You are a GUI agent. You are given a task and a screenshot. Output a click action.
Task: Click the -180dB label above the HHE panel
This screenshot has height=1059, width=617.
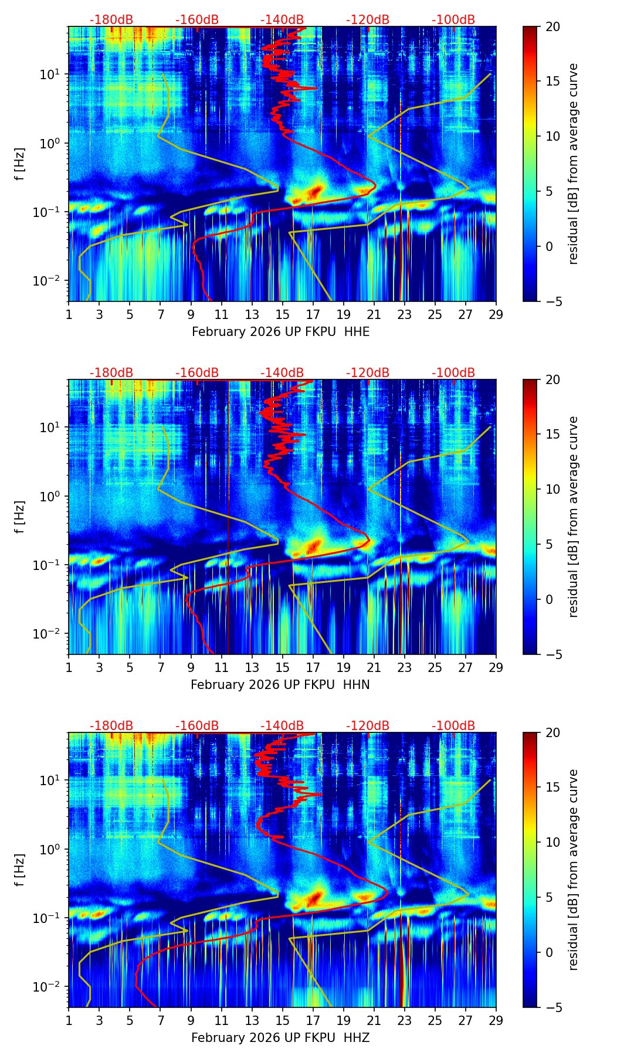(x=111, y=20)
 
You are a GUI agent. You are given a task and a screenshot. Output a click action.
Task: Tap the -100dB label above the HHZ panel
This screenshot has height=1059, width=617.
(x=453, y=726)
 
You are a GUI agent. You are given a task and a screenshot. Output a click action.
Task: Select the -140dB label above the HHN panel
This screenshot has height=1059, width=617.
(x=282, y=373)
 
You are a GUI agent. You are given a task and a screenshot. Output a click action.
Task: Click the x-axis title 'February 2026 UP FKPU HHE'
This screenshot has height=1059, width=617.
(x=280, y=332)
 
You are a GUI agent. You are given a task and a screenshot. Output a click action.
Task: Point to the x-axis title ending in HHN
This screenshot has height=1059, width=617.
(x=280, y=685)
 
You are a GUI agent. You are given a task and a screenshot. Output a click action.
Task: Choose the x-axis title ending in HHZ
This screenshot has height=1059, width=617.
(x=280, y=1038)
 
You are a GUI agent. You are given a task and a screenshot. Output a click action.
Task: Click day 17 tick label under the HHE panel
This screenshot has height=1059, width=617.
(x=313, y=315)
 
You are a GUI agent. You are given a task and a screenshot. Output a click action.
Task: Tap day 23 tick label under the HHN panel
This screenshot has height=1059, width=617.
(x=405, y=668)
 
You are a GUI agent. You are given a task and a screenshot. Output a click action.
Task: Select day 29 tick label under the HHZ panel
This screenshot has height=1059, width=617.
(x=496, y=1021)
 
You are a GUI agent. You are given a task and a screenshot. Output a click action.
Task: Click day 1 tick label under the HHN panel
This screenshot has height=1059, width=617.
(x=69, y=668)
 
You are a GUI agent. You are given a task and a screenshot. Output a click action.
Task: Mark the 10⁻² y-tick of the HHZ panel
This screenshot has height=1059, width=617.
(x=49, y=987)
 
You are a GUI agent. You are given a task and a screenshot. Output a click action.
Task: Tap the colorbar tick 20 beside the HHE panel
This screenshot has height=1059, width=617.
(x=552, y=26)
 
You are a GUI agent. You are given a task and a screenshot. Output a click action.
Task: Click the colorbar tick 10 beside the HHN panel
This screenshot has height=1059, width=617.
(x=552, y=489)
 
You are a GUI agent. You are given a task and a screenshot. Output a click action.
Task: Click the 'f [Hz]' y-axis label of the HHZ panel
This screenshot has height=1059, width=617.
(x=20, y=870)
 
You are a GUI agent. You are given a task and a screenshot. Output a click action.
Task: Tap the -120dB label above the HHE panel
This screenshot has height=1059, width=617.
(x=368, y=20)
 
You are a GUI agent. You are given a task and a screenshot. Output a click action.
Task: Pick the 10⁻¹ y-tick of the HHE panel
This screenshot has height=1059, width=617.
(x=49, y=212)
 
